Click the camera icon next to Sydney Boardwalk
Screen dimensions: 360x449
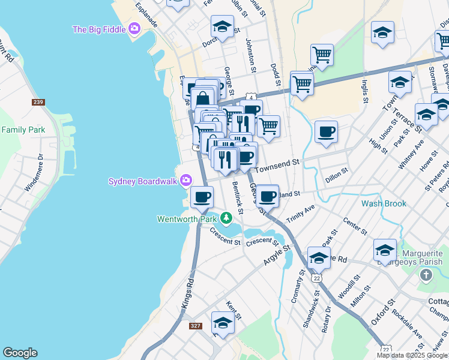point(186,180)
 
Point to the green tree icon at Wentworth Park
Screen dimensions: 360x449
point(226,217)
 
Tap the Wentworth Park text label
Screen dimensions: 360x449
point(187,219)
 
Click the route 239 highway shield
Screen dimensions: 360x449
point(38,102)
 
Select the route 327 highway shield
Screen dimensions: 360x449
point(195,326)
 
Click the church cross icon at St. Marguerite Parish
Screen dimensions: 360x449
point(426,275)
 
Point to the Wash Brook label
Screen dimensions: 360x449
point(384,203)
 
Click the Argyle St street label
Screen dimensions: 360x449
point(276,255)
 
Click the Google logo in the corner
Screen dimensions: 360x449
point(20,353)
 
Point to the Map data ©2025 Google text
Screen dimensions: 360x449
point(412,355)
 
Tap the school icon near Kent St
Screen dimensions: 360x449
point(223,323)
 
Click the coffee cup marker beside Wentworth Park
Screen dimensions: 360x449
point(202,196)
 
